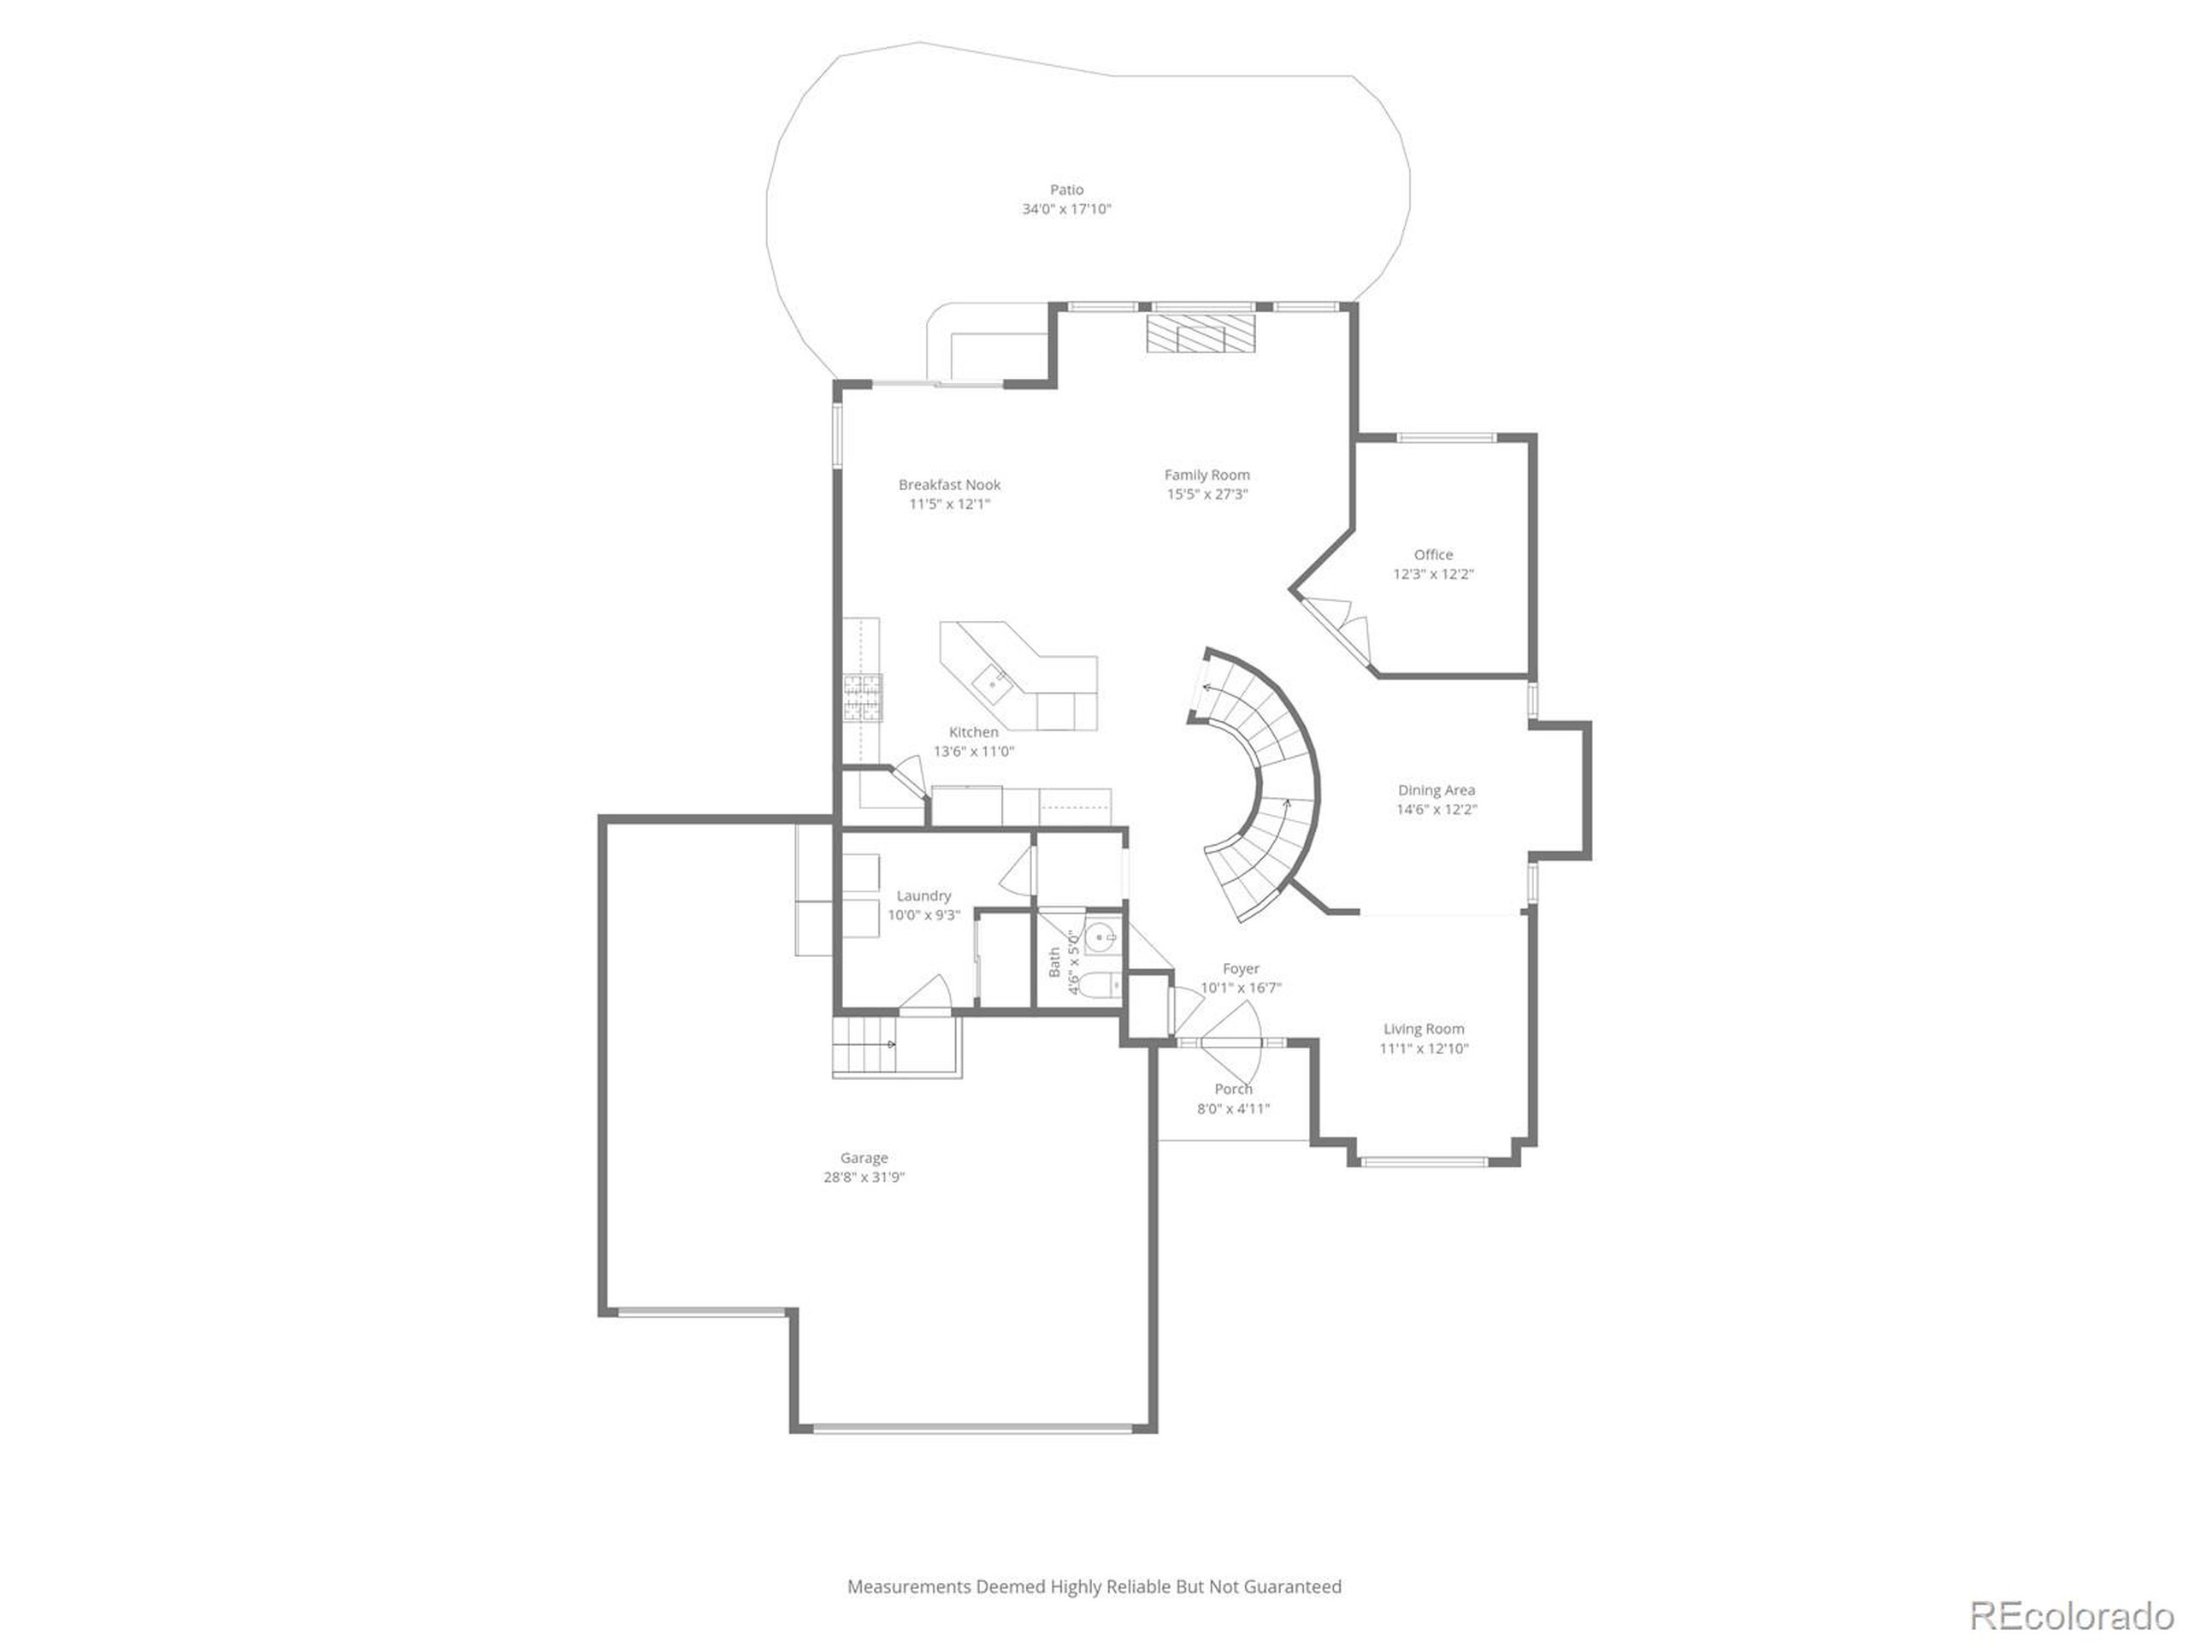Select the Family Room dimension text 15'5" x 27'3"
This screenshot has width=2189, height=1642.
pos(1207,494)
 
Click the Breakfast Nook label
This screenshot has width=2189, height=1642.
pos(949,484)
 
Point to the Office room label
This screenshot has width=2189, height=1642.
pos(1433,554)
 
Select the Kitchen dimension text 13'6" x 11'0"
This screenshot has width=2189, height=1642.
pos(974,751)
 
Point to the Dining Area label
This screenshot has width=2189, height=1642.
pos(1436,790)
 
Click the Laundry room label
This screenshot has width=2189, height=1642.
pos(923,895)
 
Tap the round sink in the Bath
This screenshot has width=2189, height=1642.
pos(1100,936)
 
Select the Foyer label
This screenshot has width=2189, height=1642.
pos(1241,969)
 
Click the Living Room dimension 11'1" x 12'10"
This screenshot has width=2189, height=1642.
pos(1424,1048)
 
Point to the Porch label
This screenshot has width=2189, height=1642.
pos(1233,1089)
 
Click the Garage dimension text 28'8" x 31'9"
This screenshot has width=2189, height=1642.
pos(864,1177)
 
